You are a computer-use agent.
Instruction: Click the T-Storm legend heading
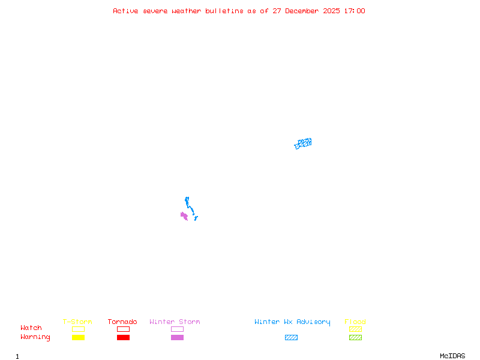click(77, 322)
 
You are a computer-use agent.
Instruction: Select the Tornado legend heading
click(122, 322)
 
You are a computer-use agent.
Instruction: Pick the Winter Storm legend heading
click(175, 322)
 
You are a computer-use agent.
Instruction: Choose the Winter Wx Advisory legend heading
click(292, 322)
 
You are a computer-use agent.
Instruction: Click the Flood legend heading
click(355, 322)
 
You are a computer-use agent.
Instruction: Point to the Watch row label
click(31, 328)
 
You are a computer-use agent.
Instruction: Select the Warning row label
click(35, 337)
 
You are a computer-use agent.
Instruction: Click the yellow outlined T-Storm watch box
click(78, 329)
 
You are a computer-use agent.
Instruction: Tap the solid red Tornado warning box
click(123, 337)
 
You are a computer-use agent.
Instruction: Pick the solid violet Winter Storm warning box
click(177, 337)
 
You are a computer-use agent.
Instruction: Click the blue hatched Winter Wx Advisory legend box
click(291, 337)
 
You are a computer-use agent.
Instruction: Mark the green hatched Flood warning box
click(355, 337)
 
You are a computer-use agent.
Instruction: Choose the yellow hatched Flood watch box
click(355, 329)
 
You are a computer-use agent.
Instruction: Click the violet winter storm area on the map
click(184, 215)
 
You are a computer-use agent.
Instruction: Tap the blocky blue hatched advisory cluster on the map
click(303, 143)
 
